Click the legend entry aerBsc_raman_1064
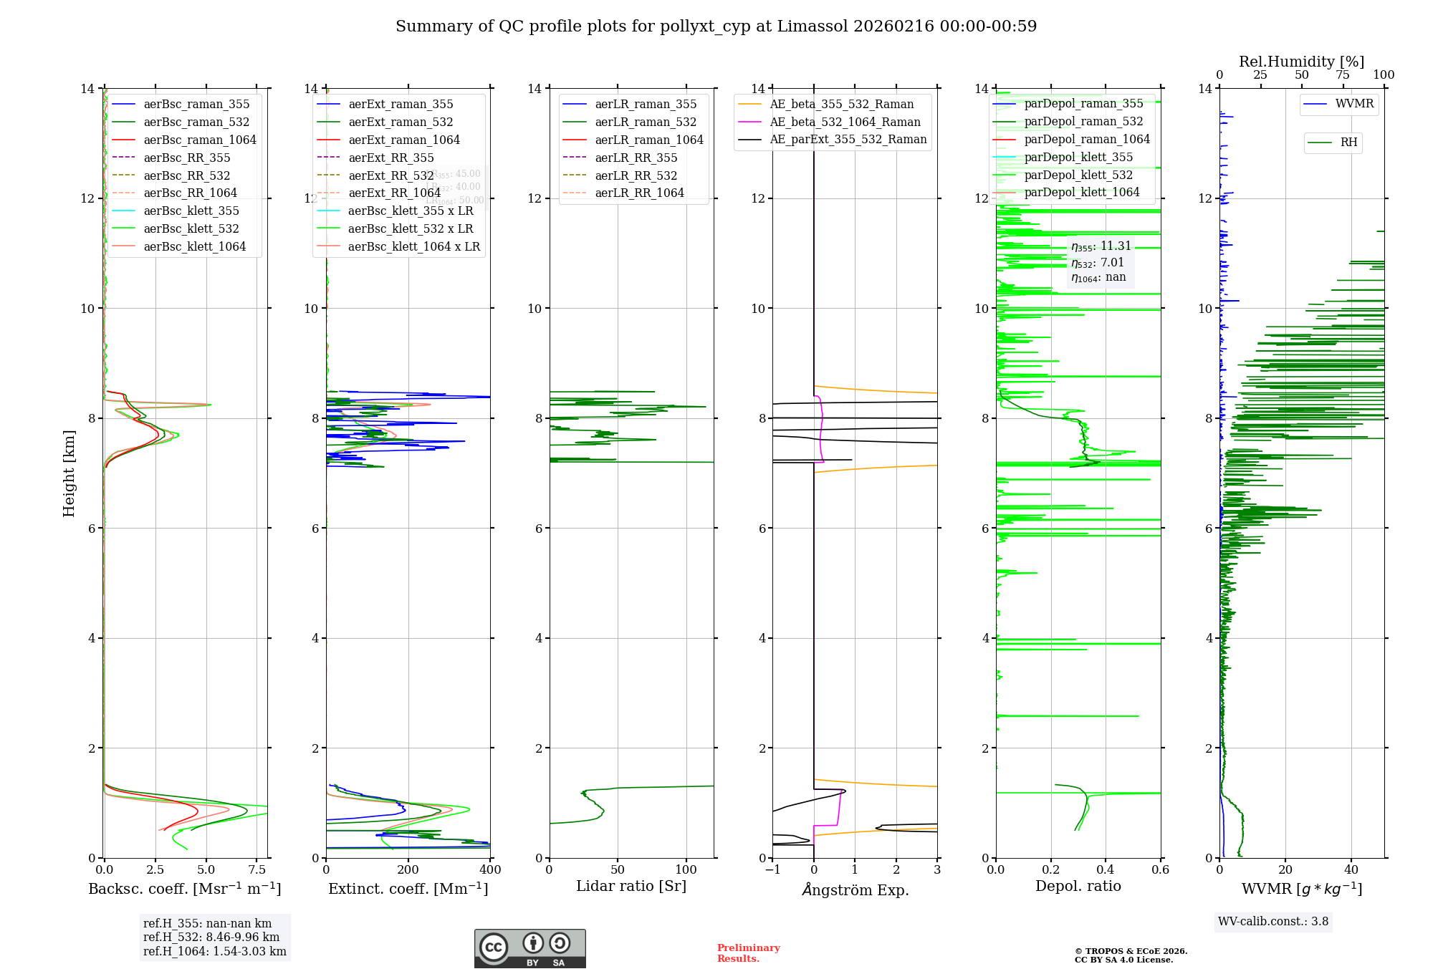tap(199, 140)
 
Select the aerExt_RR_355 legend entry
tap(390, 158)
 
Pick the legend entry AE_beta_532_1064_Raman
tap(845, 122)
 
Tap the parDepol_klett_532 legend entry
tap(1078, 175)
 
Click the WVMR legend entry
tap(1354, 104)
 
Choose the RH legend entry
tap(1348, 143)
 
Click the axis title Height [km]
tap(69, 473)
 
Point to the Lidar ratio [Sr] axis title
tap(631, 886)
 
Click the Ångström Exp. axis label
tap(855, 889)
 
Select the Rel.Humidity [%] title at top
tap(1301, 62)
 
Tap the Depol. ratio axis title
tap(1078, 886)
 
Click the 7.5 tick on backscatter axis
tap(257, 870)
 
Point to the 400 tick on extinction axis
tap(490, 870)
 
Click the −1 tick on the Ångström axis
tap(772, 870)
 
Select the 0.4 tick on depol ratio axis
tap(1106, 870)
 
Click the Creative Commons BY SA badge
tap(529, 949)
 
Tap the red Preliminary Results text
tap(748, 953)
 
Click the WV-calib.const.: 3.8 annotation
tap(1273, 922)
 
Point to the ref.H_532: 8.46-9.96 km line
tap(211, 937)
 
